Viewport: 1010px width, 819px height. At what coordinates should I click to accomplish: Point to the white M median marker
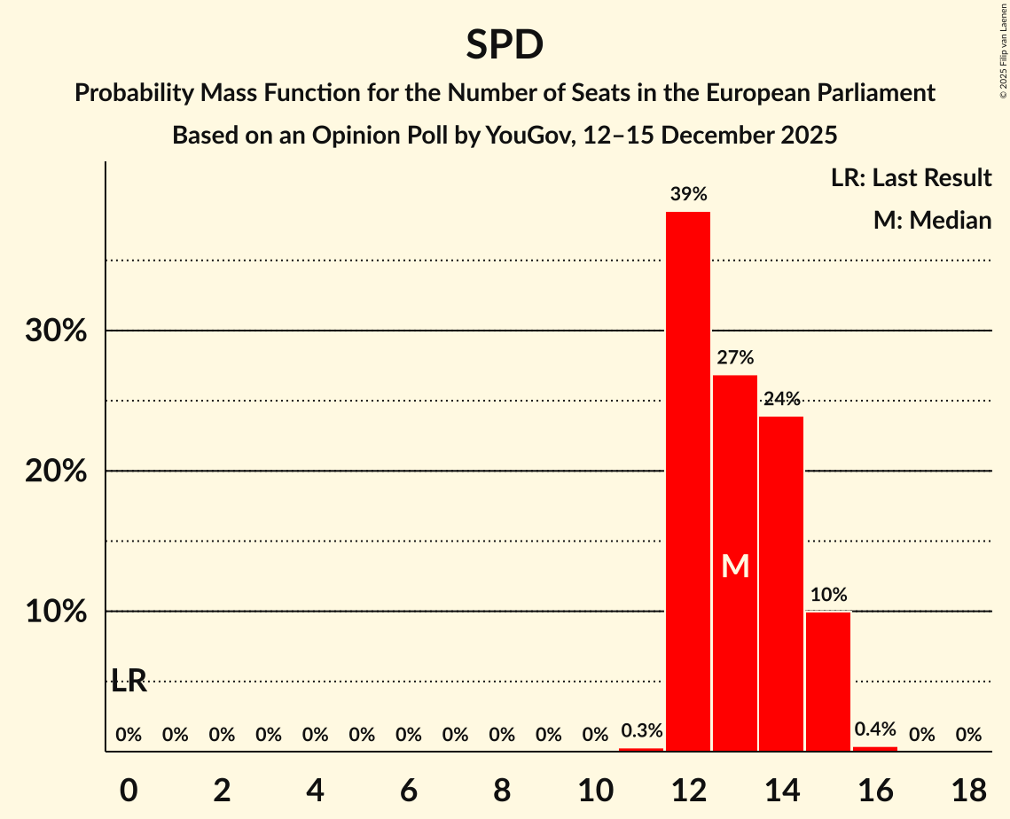click(735, 566)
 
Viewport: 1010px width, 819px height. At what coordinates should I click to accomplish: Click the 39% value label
click(688, 194)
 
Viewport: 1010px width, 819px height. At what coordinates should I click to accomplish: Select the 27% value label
click(735, 358)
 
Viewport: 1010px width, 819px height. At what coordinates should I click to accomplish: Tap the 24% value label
click(781, 399)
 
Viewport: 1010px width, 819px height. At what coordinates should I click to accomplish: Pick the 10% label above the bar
click(828, 595)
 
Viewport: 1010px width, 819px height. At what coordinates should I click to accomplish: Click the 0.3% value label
click(641, 731)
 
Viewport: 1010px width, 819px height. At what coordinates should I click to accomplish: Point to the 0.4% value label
click(875, 729)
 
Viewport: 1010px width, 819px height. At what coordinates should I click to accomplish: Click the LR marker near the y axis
click(129, 681)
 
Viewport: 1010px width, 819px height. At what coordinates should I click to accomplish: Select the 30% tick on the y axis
click(55, 331)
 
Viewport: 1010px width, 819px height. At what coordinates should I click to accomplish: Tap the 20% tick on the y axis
click(55, 472)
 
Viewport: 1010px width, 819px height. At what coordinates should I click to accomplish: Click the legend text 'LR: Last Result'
click(911, 178)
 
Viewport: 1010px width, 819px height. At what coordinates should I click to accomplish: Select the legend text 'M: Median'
click(932, 220)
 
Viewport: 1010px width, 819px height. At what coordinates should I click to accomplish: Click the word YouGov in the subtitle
click(522, 136)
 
